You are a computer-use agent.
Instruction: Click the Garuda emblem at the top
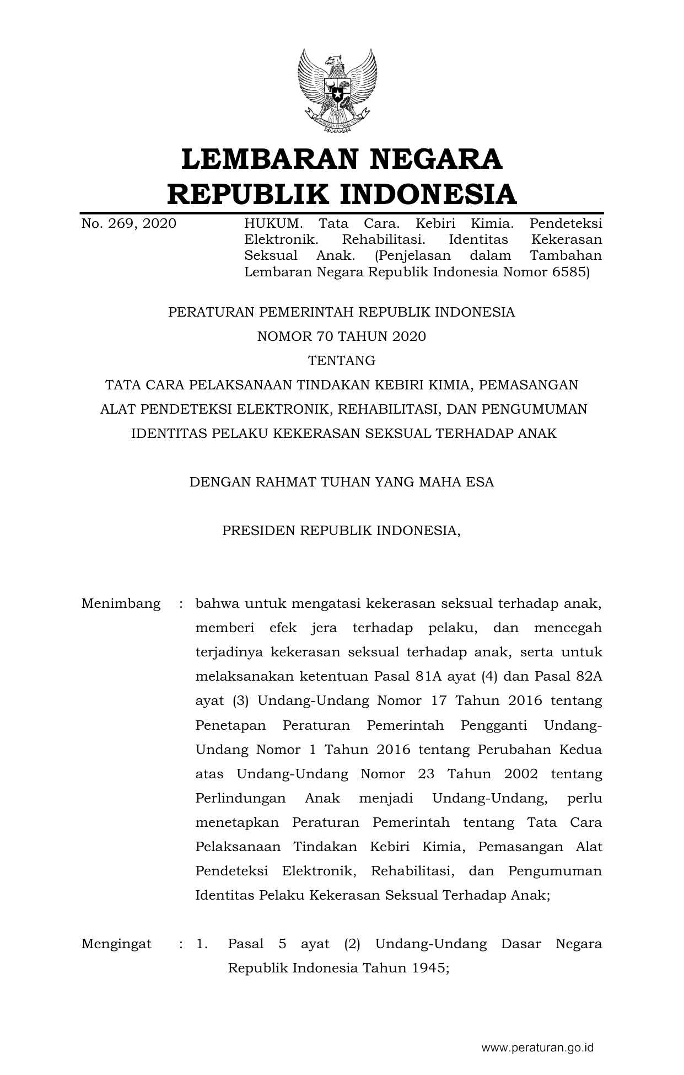point(337,91)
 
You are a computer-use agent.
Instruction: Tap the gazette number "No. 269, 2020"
point(128,223)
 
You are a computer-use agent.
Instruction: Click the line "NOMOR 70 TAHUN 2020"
point(342,336)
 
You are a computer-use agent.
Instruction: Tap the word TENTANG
point(342,361)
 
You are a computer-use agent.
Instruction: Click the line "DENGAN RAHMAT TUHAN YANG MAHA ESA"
point(342,482)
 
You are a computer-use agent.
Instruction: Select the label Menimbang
point(121,603)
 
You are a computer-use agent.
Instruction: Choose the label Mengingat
point(116,944)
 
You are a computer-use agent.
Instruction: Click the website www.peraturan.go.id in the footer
point(537,1047)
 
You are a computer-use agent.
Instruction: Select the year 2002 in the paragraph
point(521,774)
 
